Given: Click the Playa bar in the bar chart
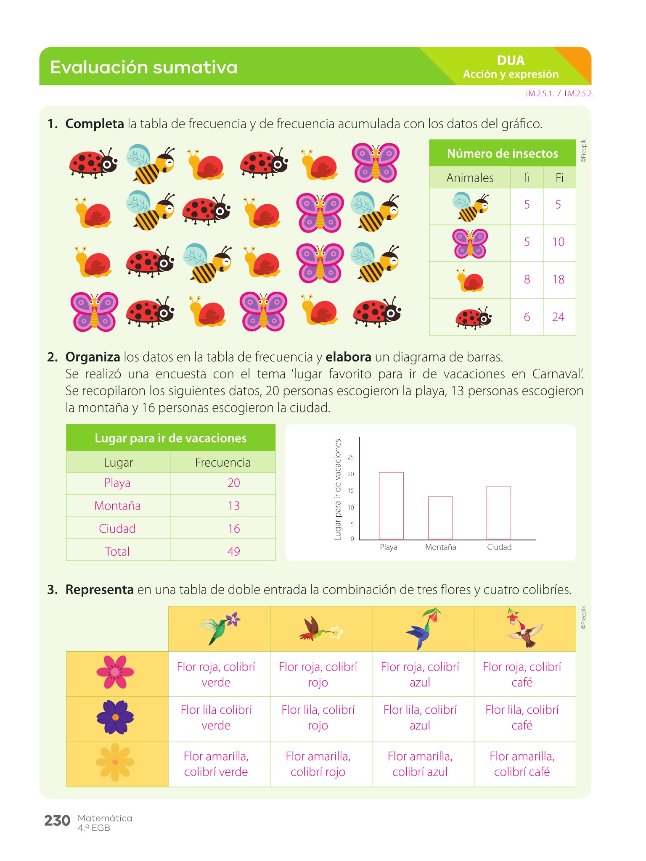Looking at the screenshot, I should (391, 505).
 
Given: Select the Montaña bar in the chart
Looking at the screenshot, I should (440, 518).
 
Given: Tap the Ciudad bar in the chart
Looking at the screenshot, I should (499, 512).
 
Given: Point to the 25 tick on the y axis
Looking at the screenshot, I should (351, 457).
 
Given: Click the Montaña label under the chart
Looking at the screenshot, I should (440, 547).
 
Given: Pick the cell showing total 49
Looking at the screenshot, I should (233, 551).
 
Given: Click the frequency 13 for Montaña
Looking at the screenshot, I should (233, 506).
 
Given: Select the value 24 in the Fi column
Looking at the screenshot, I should (558, 317).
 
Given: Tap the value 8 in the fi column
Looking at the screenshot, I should (527, 280).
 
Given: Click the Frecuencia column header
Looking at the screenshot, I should (222, 462).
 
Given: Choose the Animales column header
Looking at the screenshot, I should (470, 178).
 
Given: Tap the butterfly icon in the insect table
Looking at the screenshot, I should (470, 243).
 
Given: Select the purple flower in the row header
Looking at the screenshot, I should (115, 717).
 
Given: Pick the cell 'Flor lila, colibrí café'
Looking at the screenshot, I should (522, 718).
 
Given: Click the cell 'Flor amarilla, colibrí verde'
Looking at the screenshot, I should (216, 764).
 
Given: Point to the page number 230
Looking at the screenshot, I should (57, 820).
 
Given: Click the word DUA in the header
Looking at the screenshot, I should (511, 61).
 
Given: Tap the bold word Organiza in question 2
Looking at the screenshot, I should (93, 357).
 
